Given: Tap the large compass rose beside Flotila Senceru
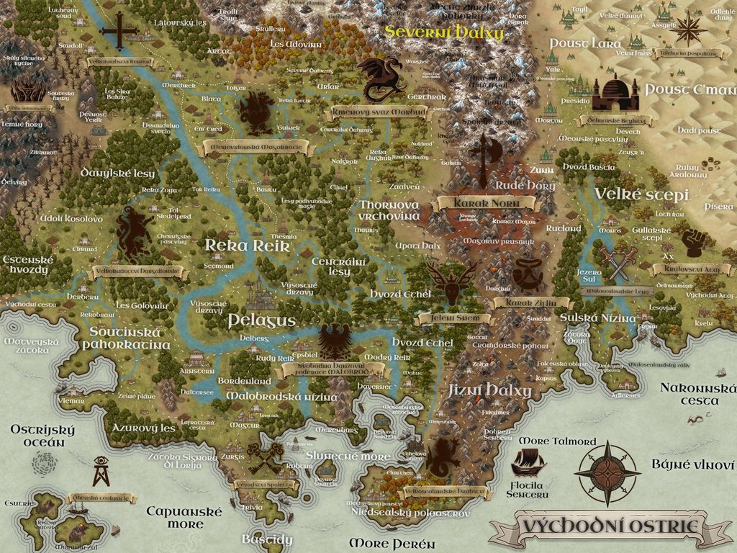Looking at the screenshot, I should pos(607,473).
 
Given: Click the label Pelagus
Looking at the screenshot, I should pos(261,320).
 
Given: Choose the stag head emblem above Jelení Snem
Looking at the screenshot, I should pos(450,282).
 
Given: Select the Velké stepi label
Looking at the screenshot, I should pos(642,195).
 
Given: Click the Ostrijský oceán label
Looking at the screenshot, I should pos(42,436).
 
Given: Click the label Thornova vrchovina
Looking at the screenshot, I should pos(389,210).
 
